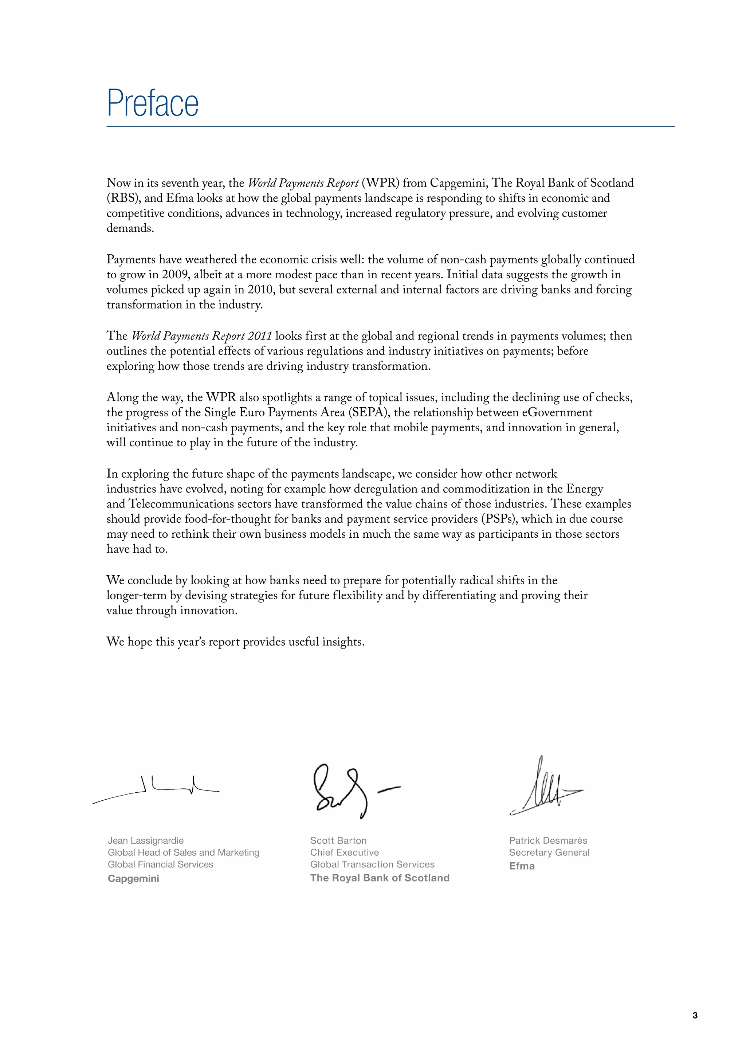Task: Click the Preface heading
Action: coord(153,103)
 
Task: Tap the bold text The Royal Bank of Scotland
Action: coord(380,878)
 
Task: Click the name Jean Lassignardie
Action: coord(146,840)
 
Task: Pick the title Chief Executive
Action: coord(345,852)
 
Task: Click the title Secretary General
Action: coord(549,852)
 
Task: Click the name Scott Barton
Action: coord(338,840)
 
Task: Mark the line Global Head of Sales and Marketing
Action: coord(183,852)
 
